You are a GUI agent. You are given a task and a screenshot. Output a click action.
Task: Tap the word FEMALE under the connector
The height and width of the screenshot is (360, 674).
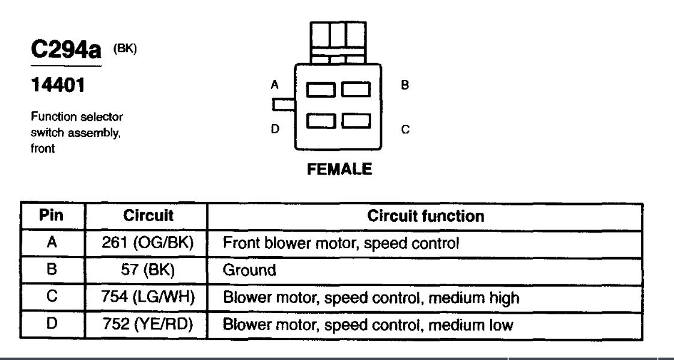point(339,169)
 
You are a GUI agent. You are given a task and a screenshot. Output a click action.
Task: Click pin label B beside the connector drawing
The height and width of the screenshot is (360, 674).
point(405,85)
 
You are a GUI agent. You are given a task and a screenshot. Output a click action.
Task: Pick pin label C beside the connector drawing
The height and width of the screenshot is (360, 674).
point(405,129)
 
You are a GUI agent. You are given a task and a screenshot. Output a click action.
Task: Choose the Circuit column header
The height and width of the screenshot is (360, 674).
point(148,216)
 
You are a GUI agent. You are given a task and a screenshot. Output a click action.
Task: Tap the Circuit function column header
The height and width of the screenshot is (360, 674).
point(425,216)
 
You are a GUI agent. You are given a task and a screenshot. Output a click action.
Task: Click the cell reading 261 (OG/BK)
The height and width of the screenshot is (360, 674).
point(148,243)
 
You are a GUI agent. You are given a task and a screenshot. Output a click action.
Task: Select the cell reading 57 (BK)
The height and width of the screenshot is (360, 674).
point(148,270)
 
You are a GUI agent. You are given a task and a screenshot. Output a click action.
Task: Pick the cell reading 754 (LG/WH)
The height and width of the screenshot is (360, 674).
point(148,297)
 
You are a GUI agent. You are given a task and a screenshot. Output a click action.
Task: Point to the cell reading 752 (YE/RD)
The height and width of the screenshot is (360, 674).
point(148,325)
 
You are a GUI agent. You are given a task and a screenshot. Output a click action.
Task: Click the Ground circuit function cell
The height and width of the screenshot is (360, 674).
point(249,270)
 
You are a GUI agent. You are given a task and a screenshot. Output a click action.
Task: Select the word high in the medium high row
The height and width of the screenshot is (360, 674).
point(503,297)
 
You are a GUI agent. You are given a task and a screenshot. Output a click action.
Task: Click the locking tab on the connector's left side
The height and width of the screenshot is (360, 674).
point(282,105)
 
